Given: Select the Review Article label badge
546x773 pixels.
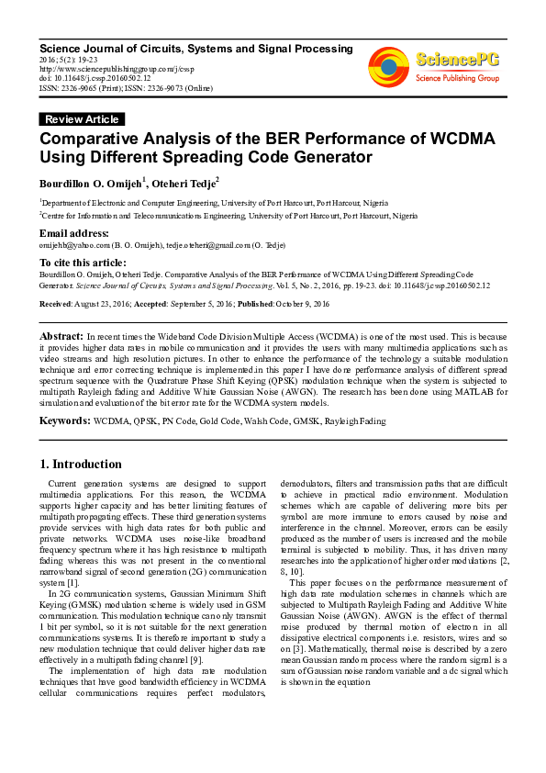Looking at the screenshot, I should (x=82, y=119).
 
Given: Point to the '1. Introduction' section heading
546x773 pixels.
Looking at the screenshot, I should (x=82, y=464).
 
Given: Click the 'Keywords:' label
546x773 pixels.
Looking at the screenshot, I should (x=64, y=420).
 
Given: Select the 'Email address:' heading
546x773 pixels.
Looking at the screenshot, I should (x=73, y=233).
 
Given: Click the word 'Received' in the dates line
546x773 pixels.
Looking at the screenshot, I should (x=56, y=303).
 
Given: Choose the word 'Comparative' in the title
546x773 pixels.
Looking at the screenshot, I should (x=97, y=139).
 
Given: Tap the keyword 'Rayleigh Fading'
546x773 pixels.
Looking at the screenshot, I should (x=353, y=420).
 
